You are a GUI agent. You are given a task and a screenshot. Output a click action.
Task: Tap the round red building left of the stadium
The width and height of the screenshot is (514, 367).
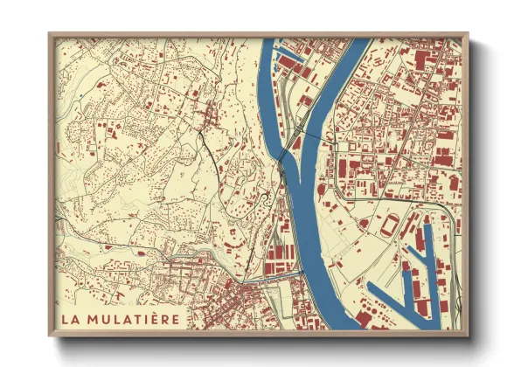tap(363, 224)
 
